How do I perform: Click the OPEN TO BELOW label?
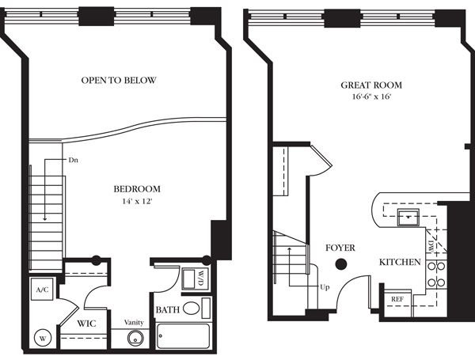pos(119,80)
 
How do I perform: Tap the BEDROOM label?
pos(137,189)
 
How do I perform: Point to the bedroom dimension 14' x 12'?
pos(137,201)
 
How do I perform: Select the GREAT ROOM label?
pos(371,85)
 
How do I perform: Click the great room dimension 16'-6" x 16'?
pos(371,97)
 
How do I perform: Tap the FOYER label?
pos(340,248)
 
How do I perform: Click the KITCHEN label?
pos(400,262)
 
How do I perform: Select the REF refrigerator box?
pos(397,299)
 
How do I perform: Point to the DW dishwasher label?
pos(431,245)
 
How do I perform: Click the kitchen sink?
pos(408,218)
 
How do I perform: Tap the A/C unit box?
pos(42,290)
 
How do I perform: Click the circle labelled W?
pos(43,339)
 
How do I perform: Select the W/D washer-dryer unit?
pos(196,279)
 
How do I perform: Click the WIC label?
pos(86,324)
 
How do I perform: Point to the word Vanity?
pos(134,322)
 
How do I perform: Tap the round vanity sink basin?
pos(135,338)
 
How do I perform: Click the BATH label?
pos(168,309)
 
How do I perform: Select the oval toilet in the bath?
pos(191,309)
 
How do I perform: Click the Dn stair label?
pos(74,160)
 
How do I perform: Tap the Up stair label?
pos(325,287)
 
